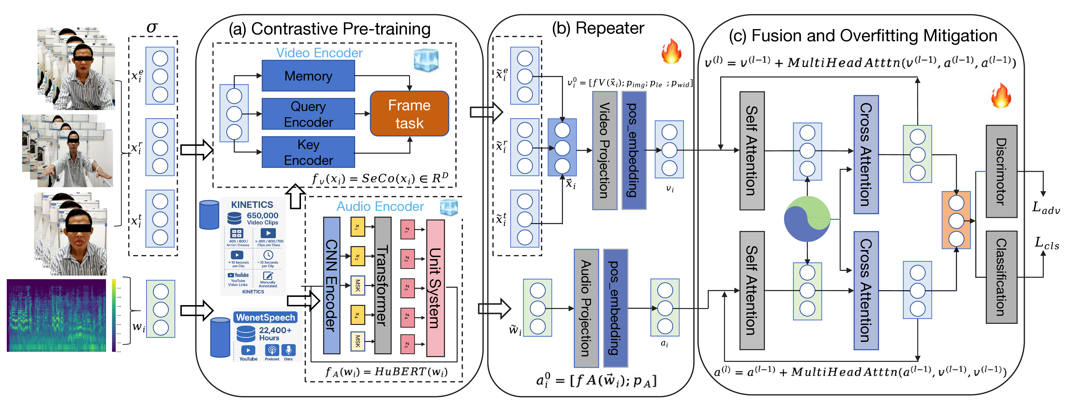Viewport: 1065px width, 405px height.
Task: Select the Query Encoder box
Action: [308, 114]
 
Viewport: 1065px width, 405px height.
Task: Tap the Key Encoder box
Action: [308, 152]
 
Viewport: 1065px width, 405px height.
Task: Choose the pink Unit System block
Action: [435, 288]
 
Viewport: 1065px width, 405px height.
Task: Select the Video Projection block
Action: [604, 150]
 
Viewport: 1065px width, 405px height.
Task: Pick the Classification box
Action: [1001, 277]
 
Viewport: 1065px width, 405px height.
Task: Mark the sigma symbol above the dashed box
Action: [152, 27]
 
